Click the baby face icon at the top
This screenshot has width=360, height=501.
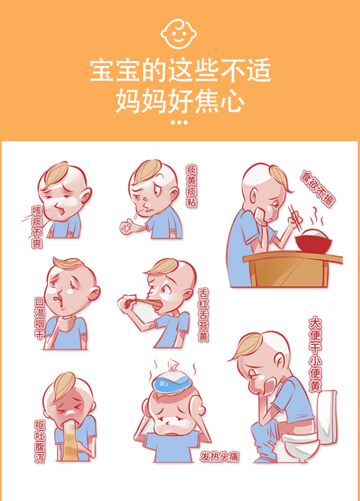point(179,34)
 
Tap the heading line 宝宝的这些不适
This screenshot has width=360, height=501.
point(180,70)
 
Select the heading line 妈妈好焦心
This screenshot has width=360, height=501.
point(180,101)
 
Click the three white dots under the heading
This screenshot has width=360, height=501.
point(179,122)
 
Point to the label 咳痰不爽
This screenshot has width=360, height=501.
point(37,227)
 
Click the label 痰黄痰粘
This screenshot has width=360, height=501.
point(191,186)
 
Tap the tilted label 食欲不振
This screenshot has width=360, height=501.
point(318,189)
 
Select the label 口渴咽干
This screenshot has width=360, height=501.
point(39,318)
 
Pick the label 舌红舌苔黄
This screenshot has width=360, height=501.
point(203,315)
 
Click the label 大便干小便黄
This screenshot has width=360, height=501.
point(314,354)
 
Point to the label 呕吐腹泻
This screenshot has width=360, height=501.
point(40,441)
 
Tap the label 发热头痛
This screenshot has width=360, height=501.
point(220,457)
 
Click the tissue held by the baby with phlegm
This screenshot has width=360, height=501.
point(127,227)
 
